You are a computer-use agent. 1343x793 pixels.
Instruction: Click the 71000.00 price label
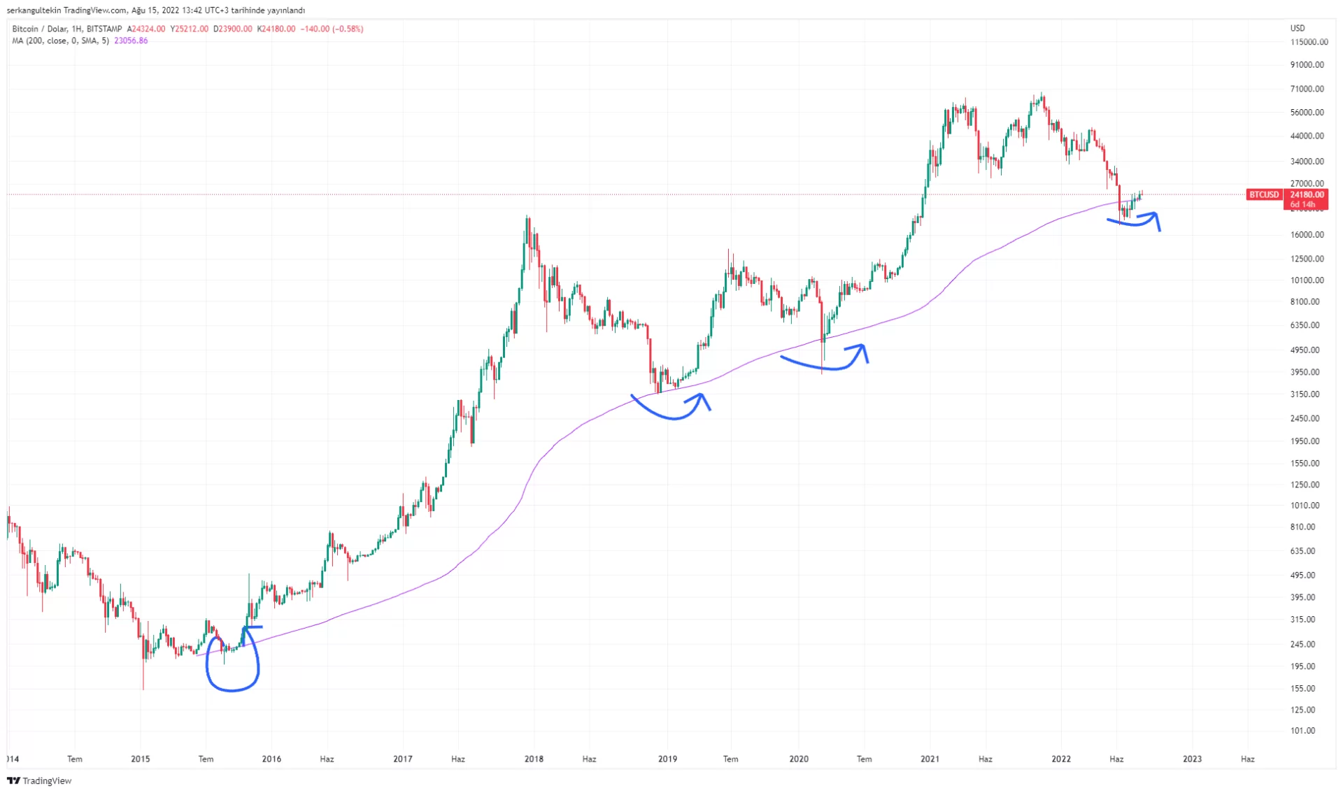point(1307,89)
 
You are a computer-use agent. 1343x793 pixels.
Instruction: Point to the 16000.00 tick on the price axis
point(1307,235)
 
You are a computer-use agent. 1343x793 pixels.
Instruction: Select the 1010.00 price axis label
point(1307,506)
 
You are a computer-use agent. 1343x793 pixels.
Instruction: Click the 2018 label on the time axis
point(534,759)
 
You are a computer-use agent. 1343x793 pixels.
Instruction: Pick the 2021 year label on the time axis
point(930,759)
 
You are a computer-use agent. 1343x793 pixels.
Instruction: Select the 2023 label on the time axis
point(1192,759)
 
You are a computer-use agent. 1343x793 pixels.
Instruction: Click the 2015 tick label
point(140,759)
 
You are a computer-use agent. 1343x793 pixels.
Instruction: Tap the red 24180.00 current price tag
point(1306,194)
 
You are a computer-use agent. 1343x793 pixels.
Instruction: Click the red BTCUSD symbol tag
point(1263,194)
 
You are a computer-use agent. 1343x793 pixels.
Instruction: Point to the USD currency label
point(1298,28)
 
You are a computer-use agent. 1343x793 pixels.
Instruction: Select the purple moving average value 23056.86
point(131,41)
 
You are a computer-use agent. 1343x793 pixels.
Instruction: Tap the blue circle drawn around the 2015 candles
point(232,664)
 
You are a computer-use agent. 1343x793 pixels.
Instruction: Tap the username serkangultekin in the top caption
point(32,10)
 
